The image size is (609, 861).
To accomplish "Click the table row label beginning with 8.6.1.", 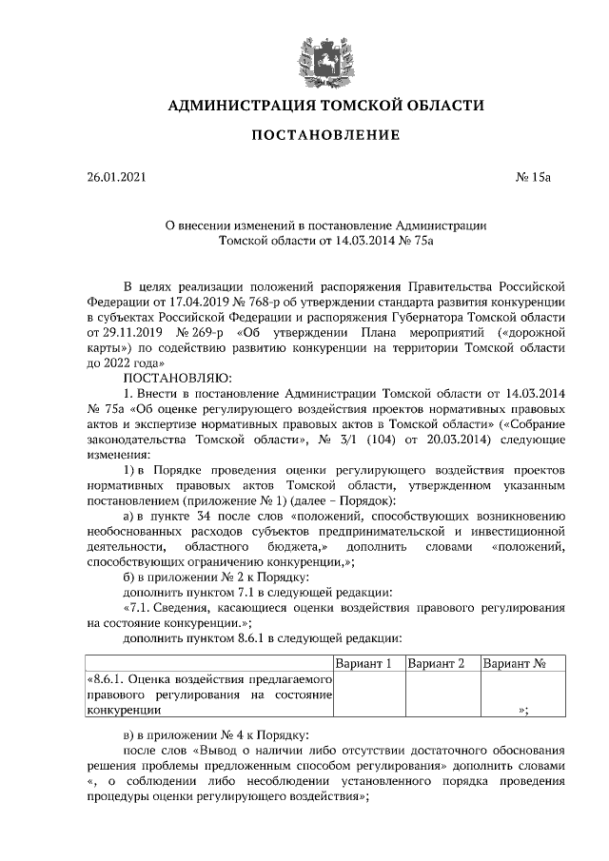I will pyautogui.click(x=208, y=695).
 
